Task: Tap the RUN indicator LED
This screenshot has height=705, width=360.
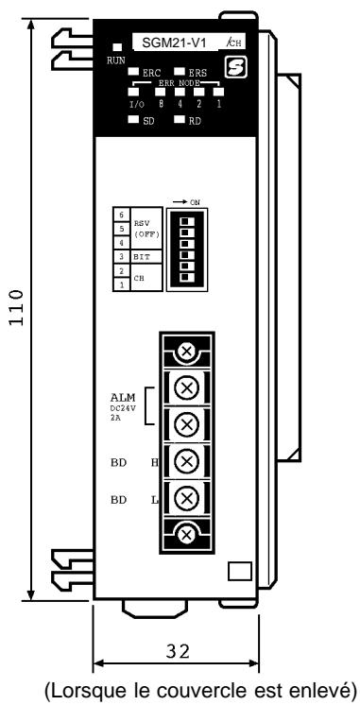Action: pyautogui.click(x=117, y=47)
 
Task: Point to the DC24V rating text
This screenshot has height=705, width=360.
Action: pyautogui.click(x=122, y=410)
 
